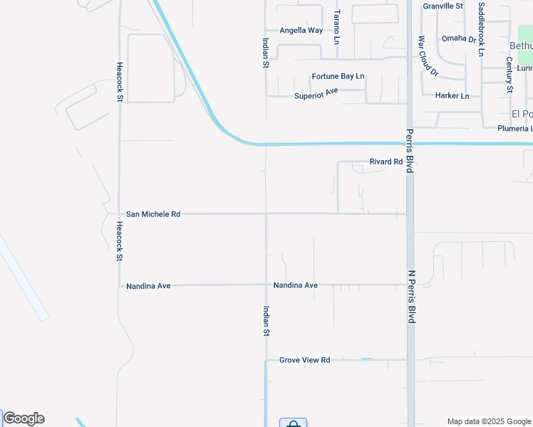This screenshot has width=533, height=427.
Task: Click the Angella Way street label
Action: tap(301, 31)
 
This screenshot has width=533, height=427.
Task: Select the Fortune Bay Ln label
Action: tap(338, 76)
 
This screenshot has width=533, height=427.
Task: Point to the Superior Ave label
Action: tap(316, 94)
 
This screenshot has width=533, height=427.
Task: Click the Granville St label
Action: tap(443, 6)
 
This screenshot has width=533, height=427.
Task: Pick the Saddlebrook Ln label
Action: tap(482, 28)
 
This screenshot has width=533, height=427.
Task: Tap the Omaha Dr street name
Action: tap(458, 39)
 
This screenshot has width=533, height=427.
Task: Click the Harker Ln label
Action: tap(452, 95)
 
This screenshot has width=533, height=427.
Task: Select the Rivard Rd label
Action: tap(386, 162)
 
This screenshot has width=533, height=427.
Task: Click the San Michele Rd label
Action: tap(153, 213)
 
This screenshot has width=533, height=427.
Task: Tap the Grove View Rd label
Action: tap(304, 360)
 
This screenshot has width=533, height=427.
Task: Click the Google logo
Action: tap(24, 418)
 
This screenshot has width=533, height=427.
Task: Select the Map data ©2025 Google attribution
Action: tap(488, 421)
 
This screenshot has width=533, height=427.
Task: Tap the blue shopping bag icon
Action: tap(293, 423)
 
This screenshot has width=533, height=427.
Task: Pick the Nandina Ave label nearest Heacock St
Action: tap(148, 286)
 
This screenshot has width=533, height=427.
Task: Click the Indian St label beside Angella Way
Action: tap(265, 53)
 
